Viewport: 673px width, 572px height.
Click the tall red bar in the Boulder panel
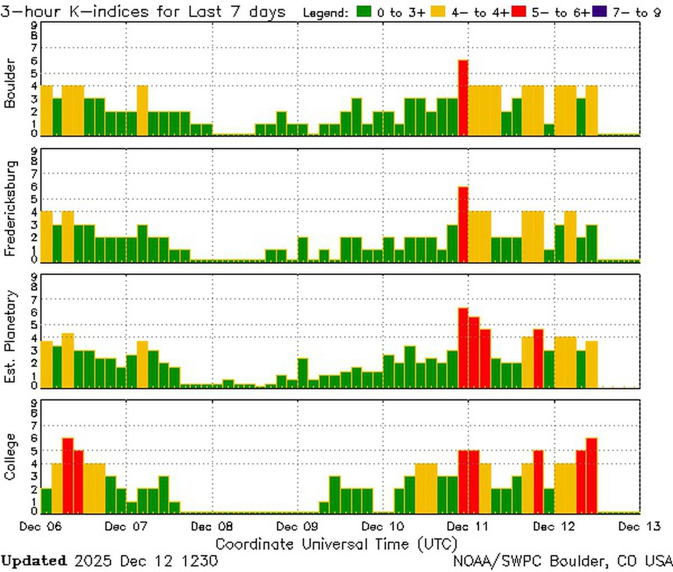[x=463, y=98]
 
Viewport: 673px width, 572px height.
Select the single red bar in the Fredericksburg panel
[x=463, y=224]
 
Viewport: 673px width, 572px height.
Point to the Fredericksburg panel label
[x=10, y=208]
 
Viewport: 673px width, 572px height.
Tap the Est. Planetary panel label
[x=10, y=336]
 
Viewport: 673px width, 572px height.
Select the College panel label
[x=10, y=456]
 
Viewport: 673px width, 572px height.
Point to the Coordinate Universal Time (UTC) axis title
[x=336, y=544]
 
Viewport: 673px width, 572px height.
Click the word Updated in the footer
[x=34, y=561]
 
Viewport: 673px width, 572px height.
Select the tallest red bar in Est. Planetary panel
[x=463, y=348]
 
